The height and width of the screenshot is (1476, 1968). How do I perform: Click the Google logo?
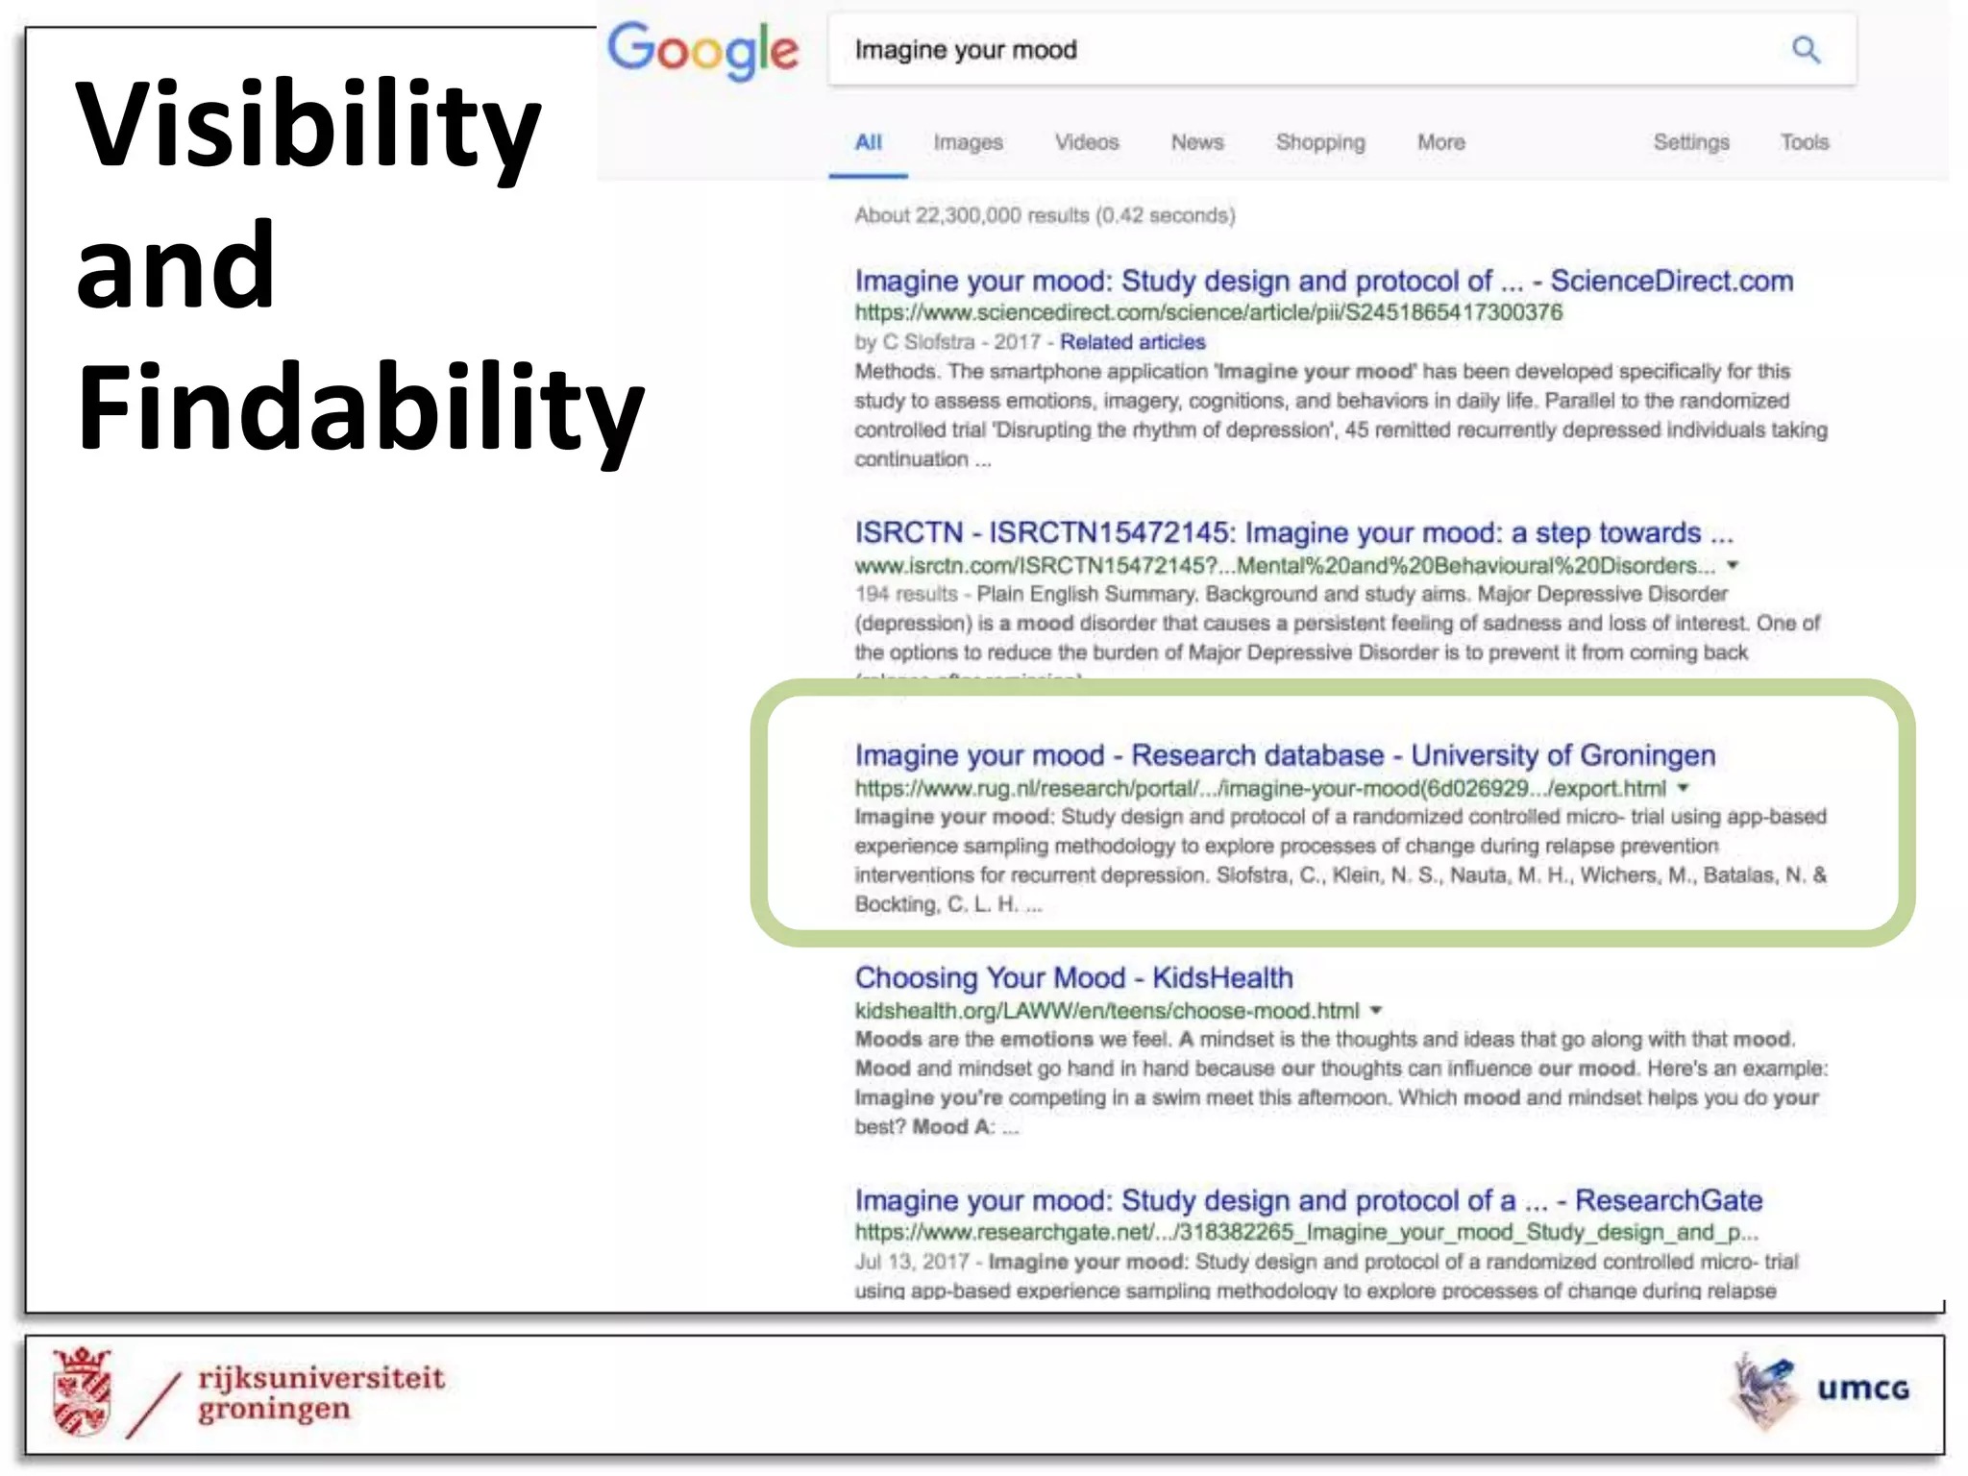(x=702, y=50)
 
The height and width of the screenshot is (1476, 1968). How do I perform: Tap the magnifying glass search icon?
(x=1806, y=49)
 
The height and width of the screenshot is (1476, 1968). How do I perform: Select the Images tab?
(x=968, y=142)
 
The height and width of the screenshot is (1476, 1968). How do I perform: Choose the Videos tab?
(x=1087, y=142)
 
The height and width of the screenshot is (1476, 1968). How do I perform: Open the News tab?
(x=1197, y=142)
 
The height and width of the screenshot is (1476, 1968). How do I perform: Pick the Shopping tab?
(x=1320, y=142)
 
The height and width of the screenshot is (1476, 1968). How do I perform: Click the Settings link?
(x=1691, y=142)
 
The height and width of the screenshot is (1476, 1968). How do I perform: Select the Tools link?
(x=1805, y=142)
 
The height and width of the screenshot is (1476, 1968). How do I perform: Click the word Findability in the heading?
(x=360, y=407)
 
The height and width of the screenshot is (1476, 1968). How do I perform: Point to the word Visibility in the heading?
(x=308, y=125)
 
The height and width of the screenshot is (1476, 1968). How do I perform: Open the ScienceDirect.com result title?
(x=1323, y=281)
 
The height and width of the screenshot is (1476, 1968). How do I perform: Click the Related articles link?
(x=1132, y=342)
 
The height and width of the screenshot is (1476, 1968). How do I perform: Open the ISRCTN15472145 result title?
(x=1293, y=532)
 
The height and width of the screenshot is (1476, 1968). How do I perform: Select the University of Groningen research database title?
(x=1285, y=755)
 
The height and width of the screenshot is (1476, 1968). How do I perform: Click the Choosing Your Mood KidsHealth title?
(x=1073, y=978)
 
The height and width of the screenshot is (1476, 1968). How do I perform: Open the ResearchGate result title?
(x=1308, y=1200)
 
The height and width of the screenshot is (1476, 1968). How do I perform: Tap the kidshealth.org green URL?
(x=1107, y=1011)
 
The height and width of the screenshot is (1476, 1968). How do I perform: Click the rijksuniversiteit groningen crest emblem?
(x=83, y=1390)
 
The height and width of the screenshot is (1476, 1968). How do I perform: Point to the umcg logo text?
(x=1862, y=1390)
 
